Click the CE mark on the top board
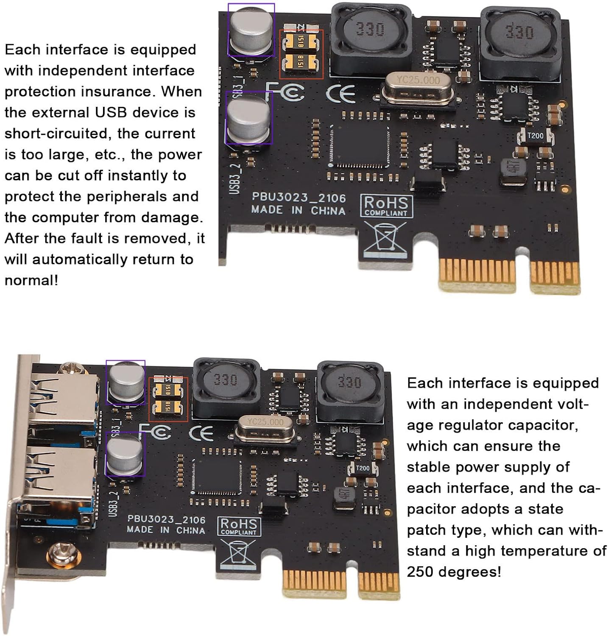tap(340, 94)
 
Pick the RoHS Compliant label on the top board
tap(386, 206)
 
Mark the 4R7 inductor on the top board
tap(513, 171)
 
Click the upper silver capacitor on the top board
tap(251, 31)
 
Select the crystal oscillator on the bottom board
tap(265, 429)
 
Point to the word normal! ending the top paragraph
tap(31, 280)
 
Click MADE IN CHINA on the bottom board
tap(165, 530)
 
